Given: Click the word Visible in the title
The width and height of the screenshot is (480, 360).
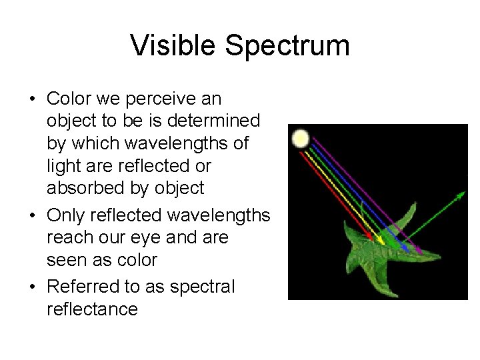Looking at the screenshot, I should pyautogui.click(x=173, y=46).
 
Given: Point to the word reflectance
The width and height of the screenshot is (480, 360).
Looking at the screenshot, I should pyautogui.click(x=92, y=309).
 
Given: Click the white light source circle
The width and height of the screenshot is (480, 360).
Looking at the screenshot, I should pyautogui.click(x=301, y=139).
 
